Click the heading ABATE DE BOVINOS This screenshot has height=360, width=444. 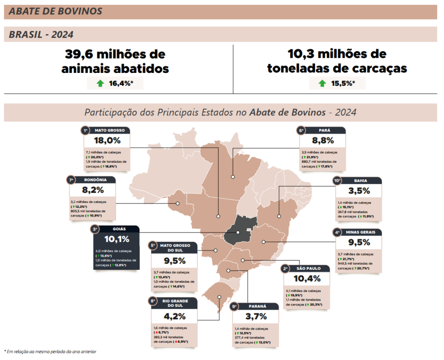pos(55,12)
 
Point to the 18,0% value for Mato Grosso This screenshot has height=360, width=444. pos(107,140)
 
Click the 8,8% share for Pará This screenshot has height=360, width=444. pos(323,140)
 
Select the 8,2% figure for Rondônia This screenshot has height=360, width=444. pos(93,190)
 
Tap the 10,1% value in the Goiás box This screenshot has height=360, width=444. pos(116,239)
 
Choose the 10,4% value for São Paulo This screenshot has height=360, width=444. pos(307,278)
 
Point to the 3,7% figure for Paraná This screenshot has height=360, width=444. pos(255,316)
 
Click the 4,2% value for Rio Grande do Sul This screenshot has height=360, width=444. pos(175,316)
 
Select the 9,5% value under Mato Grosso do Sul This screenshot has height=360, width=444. pos(175,261)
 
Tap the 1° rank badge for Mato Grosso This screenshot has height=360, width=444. pos(86,130)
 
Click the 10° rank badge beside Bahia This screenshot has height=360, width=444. pos(337,180)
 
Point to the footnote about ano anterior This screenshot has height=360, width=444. pos(50,351)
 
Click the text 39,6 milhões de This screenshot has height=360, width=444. pos(115,55)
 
